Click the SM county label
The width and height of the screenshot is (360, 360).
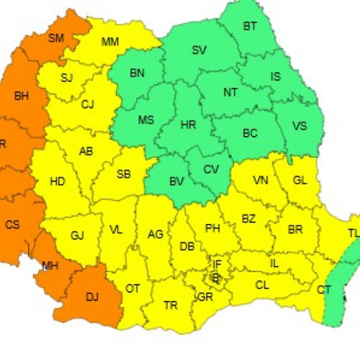[56, 38]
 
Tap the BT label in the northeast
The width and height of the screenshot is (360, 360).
[250, 27]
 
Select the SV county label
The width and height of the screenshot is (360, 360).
[199, 50]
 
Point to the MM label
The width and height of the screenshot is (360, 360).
[110, 41]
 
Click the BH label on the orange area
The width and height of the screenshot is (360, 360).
[21, 94]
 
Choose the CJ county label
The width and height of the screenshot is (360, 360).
[88, 105]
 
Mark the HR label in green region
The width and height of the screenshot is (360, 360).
[188, 125]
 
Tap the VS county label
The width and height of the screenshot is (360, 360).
[299, 126]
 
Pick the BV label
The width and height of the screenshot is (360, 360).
[176, 181]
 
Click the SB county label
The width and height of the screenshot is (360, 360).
[123, 174]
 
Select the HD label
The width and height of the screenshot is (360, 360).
[58, 181]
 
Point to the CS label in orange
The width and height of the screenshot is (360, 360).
[13, 225]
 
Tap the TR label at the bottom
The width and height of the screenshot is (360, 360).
[171, 305]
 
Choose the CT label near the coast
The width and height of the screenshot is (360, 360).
[323, 289]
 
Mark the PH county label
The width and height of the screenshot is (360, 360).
[212, 228]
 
